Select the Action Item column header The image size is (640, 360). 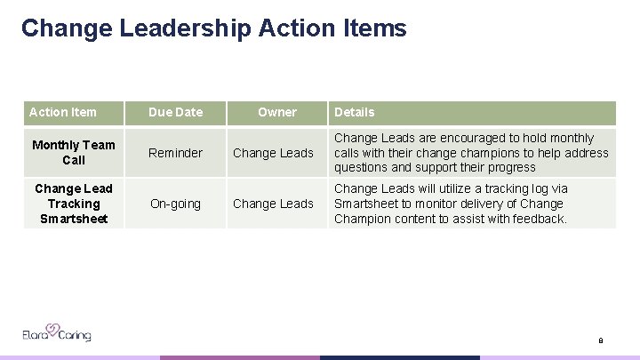click(62, 112)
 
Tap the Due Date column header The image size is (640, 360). click(175, 112)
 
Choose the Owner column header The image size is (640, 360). click(276, 112)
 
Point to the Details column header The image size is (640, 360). click(354, 112)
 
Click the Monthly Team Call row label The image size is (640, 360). click(74, 152)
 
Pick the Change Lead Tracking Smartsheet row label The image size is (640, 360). click(74, 204)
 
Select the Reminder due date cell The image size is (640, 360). click(175, 153)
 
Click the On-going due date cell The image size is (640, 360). click(175, 204)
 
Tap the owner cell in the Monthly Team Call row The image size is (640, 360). click(273, 153)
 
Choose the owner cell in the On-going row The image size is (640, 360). click(273, 204)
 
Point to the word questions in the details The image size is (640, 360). click(361, 167)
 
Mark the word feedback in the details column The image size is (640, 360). click(539, 219)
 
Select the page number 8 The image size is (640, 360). click(601, 340)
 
